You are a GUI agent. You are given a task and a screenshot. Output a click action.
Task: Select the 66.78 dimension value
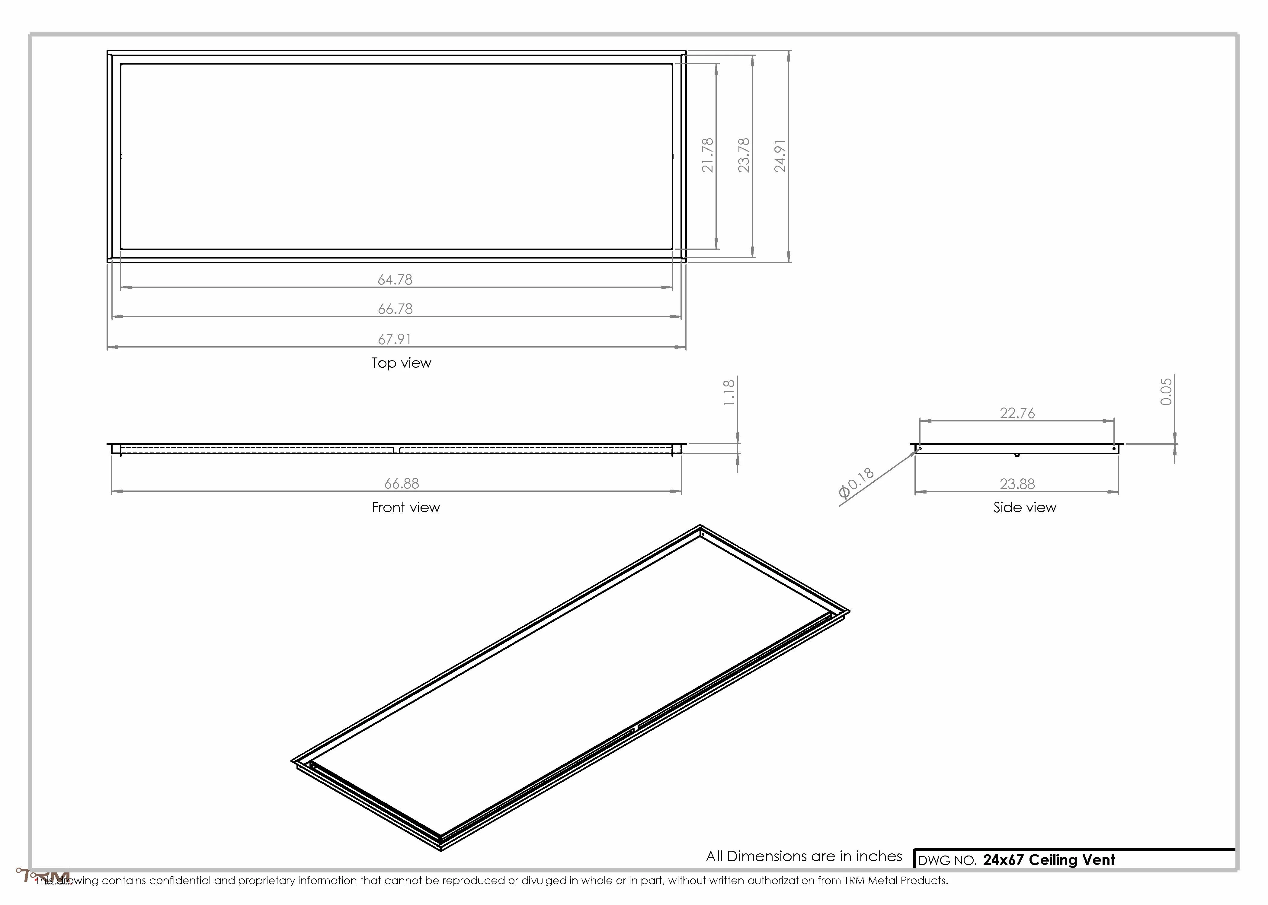coord(395,309)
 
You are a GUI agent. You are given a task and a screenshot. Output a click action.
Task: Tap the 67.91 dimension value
coord(395,339)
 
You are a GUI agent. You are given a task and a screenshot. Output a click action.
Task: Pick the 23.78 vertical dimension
coord(744,155)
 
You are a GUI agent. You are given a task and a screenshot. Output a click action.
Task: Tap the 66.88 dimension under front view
coord(402,483)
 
